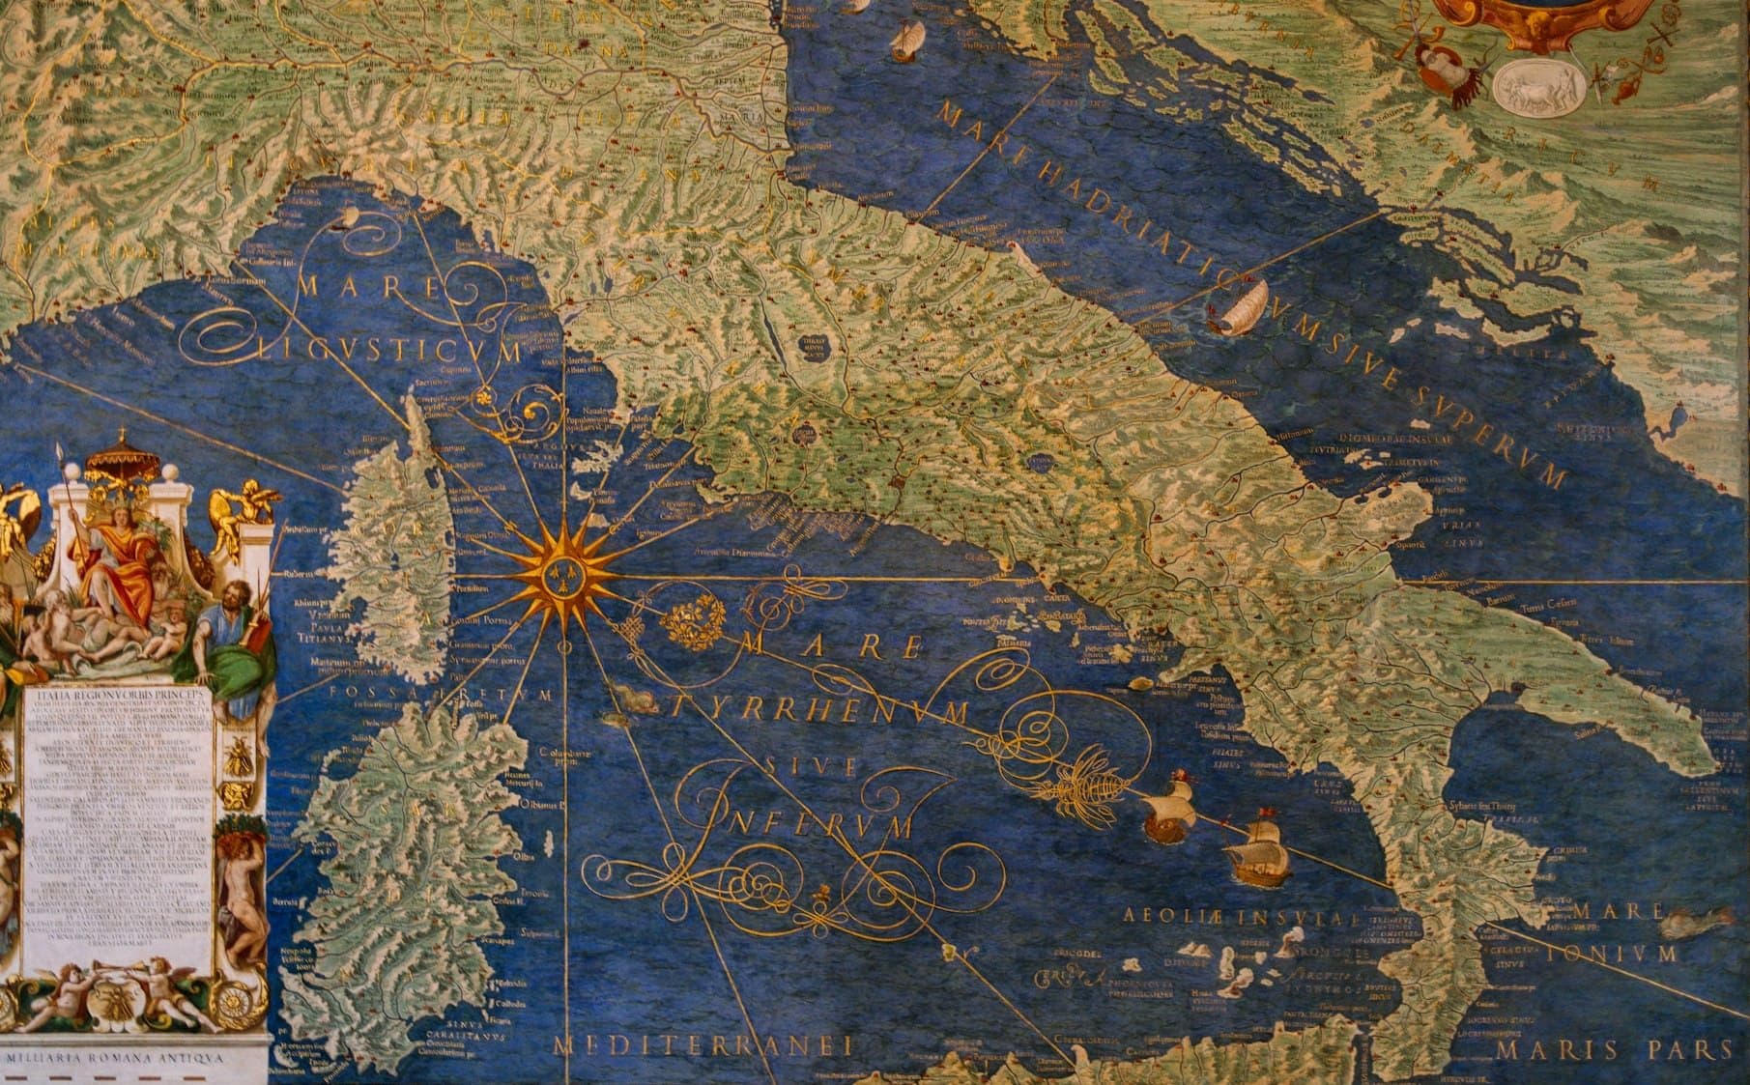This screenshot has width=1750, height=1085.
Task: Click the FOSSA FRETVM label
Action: (x=440, y=694)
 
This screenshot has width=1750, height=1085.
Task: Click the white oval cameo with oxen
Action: (x=1537, y=85)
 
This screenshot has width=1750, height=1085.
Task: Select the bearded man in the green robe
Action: (x=232, y=642)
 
